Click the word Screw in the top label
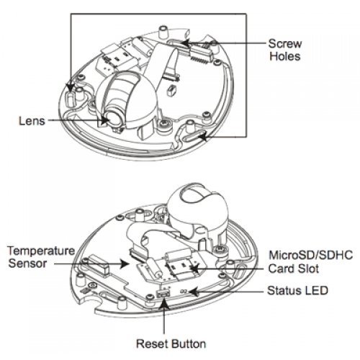tap(285, 44)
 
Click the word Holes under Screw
tap(285, 56)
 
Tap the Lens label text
tap(32, 121)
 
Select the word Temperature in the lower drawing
tap(41, 251)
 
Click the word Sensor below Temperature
tap(27, 264)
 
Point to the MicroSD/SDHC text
tap(311, 255)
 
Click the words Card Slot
tap(294, 269)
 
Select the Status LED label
tap(297, 291)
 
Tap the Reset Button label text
tap(171, 343)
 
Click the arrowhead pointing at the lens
tap(104, 120)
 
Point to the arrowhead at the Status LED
tap(194, 292)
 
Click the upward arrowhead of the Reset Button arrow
tap(164, 303)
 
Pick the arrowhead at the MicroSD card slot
tap(196, 268)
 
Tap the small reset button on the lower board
tap(163, 294)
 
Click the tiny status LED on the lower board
tap(184, 292)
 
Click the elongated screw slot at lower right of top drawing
tap(194, 138)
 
